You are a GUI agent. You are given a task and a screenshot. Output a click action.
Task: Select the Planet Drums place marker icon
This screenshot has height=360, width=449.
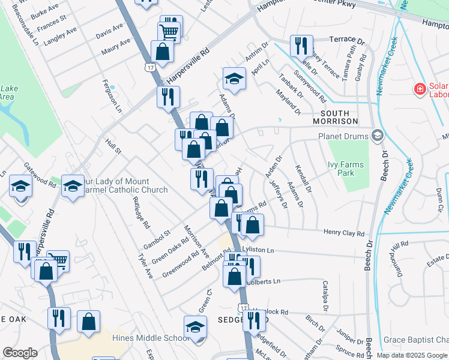pos(377,135)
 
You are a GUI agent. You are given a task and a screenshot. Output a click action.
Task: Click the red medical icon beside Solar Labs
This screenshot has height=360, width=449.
pos(420,89)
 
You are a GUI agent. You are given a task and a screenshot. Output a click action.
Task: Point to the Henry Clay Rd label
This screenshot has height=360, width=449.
pos(344,233)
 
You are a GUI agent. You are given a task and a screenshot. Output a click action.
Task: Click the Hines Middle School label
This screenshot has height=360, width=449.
pos(151,338)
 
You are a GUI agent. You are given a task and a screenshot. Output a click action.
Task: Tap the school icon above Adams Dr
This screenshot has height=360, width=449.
pos(234,79)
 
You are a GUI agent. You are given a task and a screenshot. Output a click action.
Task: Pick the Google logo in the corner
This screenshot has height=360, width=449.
pos(20,353)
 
